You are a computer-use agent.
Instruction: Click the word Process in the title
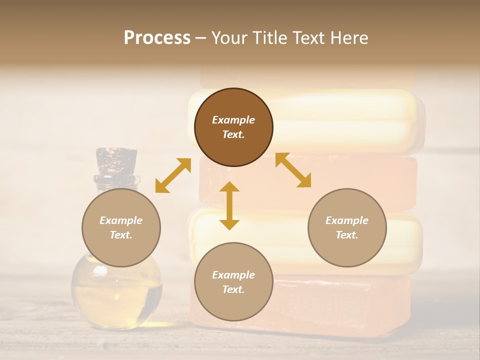(157, 38)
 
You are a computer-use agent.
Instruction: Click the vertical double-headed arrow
(229, 205)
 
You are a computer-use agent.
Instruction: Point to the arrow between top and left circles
(173, 175)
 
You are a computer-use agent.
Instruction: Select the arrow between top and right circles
(293, 170)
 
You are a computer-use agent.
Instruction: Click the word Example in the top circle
(233, 120)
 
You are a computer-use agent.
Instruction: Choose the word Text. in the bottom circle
(233, 289)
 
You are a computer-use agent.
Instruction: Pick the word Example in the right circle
(347, 220)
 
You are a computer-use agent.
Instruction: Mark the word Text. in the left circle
(121, 235)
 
